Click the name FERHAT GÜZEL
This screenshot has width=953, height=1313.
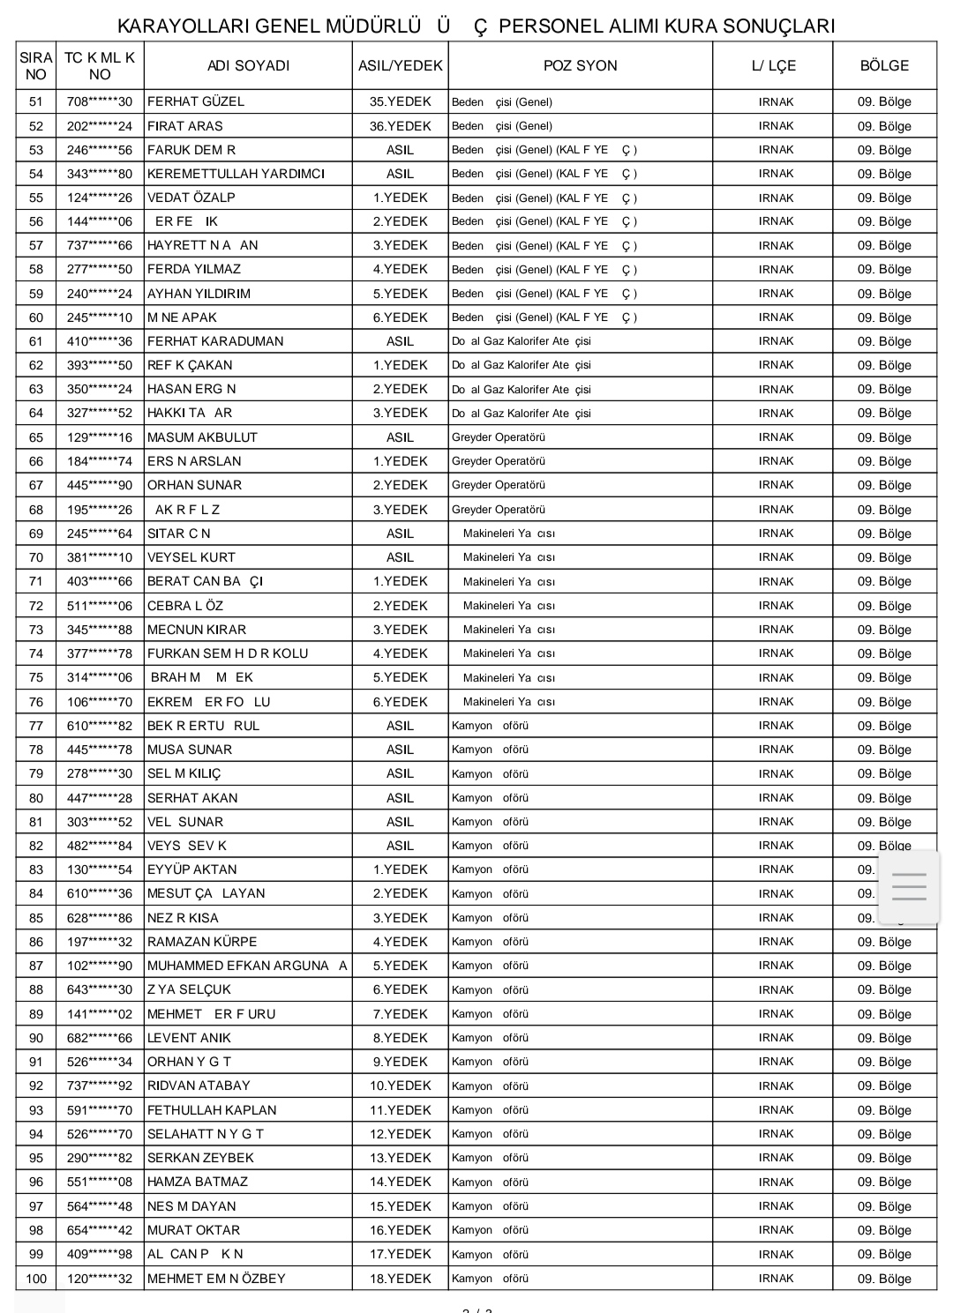pyautogui.click(x=196, y=101)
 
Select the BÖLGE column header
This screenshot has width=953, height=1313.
pyautogui.click(x=884, y=65)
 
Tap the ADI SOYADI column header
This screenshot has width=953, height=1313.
pyautogui.click(x=248, y=65)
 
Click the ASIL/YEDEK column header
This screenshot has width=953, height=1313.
pyautogui.click(x=400, y=65)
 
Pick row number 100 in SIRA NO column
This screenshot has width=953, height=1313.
pyautogui.click(x=36, y=1278)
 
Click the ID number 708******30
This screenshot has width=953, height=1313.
pyautogui.click(x=100, y=101)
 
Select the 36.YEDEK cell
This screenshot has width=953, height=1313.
pyautogui.click(x=400, y=125)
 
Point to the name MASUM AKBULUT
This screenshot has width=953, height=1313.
pyautogui.click(x=202, y=437)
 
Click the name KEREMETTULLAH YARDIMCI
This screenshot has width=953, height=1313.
pyautogui.click(x=236, y=174)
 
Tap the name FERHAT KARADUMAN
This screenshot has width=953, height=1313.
pyautogui.click(x=215, y=341)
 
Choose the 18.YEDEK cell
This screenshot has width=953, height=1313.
pyautogui.click(x=400, y=1278)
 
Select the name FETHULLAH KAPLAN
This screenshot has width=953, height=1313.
pyautogui.click(x=212, y=1110)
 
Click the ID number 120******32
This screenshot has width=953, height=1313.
pyautogui.click(x=100, y=1278)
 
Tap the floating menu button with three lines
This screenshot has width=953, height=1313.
pyautogui.click(x=909, y=885)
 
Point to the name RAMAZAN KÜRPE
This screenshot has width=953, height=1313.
pyautogui.click(x=202, y=942)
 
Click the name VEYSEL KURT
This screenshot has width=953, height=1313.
pyautogui.click(x=191, y=557)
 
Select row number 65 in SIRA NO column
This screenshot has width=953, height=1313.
pyautogui.click(x=36, y=437)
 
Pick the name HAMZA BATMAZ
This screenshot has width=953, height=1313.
pyautogui.click(x=198, y=1182)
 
